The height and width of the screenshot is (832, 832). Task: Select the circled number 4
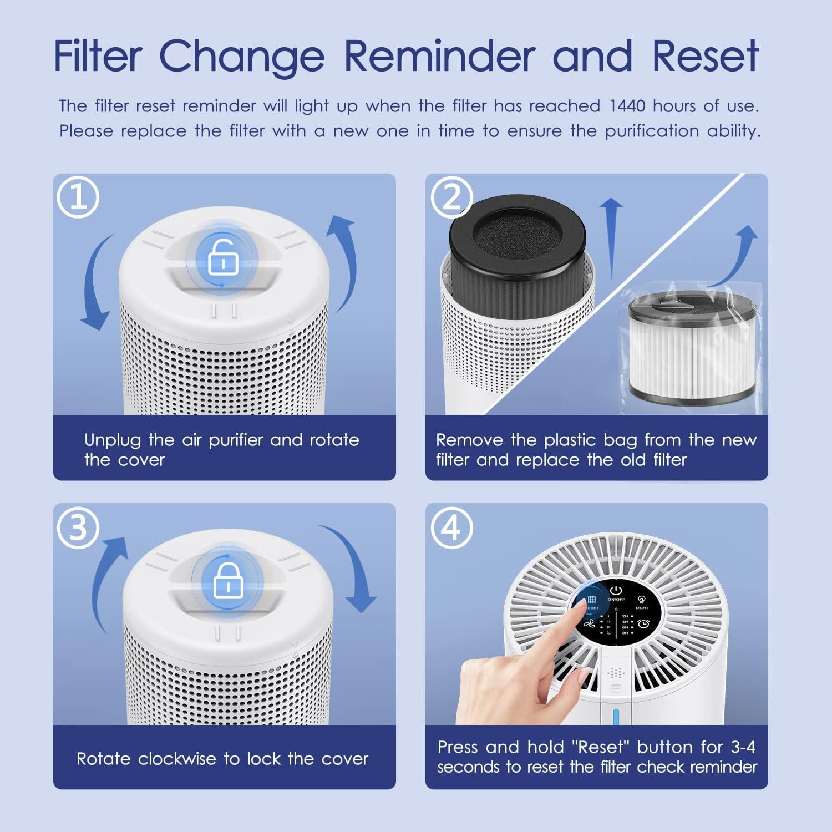click(451, 527)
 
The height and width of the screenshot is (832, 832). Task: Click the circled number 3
click(78, 527)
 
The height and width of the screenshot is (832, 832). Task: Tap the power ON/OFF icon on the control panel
click(616, 590)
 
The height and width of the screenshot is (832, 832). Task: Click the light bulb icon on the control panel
click(642, 600)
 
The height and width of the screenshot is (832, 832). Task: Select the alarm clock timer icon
click(643, 624)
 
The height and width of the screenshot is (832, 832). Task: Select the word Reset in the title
click(705, 55)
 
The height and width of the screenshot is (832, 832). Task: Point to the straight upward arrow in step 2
click(611, 239)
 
